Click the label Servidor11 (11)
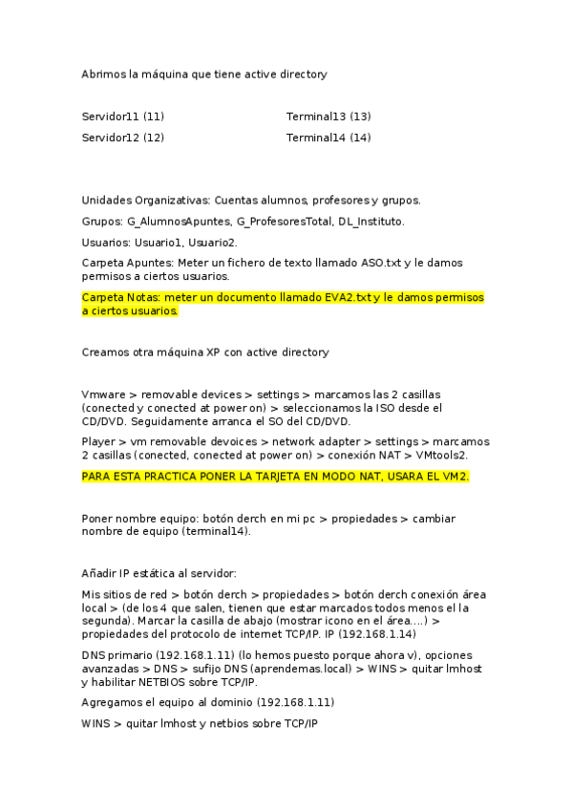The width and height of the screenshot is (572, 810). [123, 117]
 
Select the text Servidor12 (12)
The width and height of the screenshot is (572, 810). [123, 138]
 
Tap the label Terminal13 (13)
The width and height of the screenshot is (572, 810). [328, 117]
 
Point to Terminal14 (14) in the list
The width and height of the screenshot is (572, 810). [328, 138]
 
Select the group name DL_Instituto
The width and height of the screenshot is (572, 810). [371, 222]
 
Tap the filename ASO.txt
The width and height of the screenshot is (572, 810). [380, 262]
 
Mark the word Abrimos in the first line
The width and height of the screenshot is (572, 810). [103, 74]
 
